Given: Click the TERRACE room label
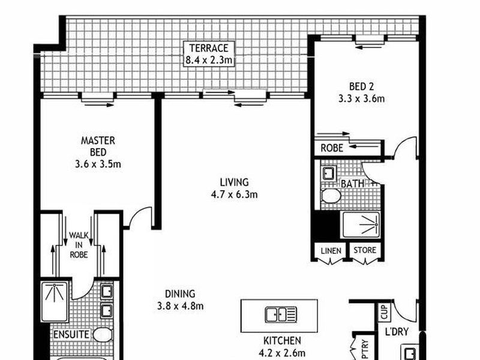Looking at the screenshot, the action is point(209,48).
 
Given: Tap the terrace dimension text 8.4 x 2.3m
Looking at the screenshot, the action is point(209,60).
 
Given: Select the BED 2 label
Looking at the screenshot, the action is point(361,86).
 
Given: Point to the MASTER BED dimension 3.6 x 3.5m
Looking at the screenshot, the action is point(98,164).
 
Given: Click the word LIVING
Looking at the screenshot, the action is point(234,182).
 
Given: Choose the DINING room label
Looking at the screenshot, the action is point(180,294).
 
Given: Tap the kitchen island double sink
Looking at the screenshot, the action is point(281,314).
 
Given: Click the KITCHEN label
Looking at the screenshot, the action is point(282,340).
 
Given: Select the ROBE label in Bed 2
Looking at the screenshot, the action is point(332,148).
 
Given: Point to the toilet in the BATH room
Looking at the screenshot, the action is point(331,196).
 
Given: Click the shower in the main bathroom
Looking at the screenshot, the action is point(361,224).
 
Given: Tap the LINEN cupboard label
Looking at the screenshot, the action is point(331,251).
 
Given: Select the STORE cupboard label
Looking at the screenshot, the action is point(365,250).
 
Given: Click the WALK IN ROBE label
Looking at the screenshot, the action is point(79,245).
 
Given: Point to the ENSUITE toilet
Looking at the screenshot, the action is point(102,335).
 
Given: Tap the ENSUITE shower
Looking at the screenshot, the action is point(55,302).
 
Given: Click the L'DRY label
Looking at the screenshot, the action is point(397,332).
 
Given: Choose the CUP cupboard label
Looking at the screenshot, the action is point(385,312).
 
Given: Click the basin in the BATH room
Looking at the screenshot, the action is point(329,173).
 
